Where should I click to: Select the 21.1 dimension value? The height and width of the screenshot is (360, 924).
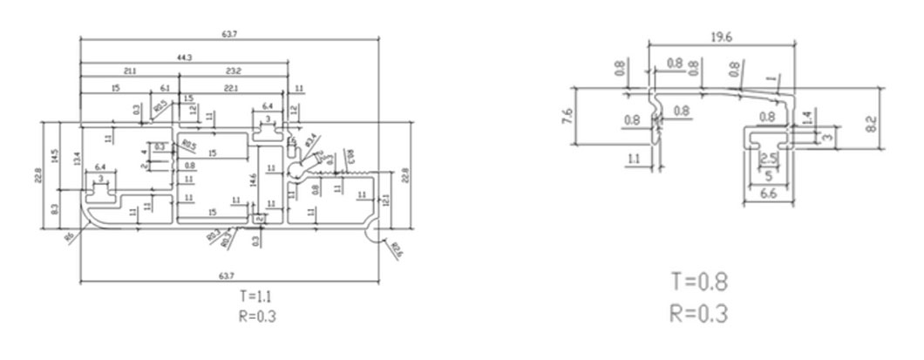129,70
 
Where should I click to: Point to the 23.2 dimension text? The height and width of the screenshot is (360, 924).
233,70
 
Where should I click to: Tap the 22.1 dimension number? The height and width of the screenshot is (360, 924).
231,89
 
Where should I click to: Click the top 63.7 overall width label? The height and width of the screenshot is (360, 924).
228,34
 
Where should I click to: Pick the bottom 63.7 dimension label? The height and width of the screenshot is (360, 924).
226,275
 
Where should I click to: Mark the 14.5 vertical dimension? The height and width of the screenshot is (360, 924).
54,157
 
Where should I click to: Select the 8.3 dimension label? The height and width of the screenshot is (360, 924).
54,209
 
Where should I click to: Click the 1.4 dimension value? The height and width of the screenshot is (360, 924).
805,115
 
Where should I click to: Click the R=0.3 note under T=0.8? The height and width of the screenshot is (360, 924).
699,311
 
